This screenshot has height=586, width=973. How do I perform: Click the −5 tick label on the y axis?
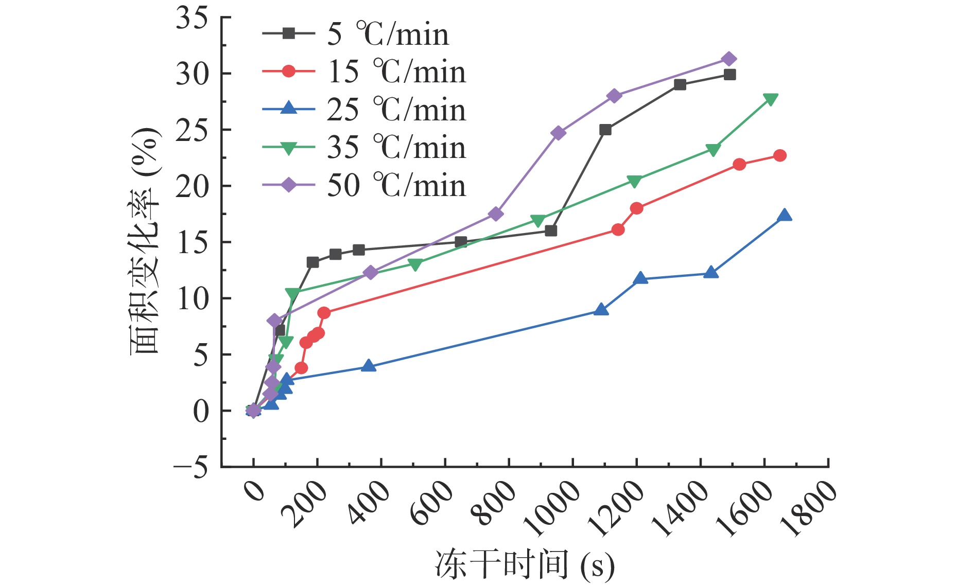click(x=190, y=467)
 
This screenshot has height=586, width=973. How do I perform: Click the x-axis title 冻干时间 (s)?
click(x=525, y=564)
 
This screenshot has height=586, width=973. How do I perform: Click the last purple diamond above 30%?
click(x=728, y=59)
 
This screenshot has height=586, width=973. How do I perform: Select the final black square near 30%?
click(x=729, y=75)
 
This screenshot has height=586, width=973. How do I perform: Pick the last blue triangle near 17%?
click(x=785, y=215)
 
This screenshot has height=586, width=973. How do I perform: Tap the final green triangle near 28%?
click(x=771, y=99)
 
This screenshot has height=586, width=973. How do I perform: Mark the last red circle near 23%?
click(x=780, y=155)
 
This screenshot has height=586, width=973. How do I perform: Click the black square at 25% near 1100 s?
click(x=605, y=130)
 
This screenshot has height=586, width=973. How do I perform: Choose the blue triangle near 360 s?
click(x=369, y=366)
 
